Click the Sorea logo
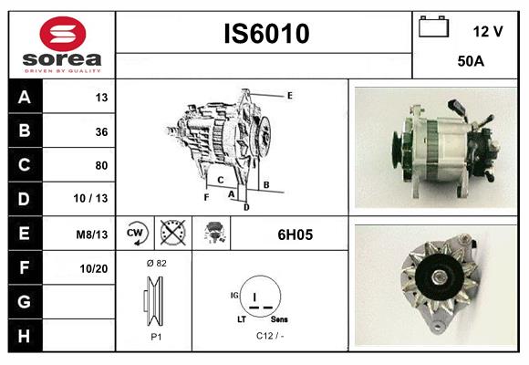[x=61, y=45]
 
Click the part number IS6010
[x=266, y=35]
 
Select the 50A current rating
[x=471, y=61]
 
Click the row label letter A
[x=25, y=98]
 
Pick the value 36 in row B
[x=101, y=131]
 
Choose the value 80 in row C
[x=101, y=165]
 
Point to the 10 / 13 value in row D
[x=95, y=199]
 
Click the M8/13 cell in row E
[x=93, y=234]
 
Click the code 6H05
[x=295, y=234]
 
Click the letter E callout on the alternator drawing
[x=289, y=95]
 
